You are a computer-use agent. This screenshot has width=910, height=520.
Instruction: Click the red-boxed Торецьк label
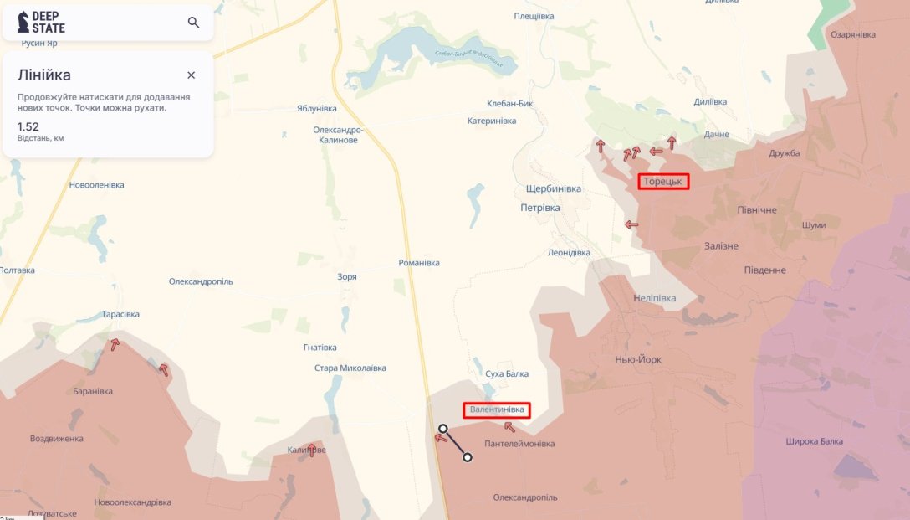(x=663, y=181)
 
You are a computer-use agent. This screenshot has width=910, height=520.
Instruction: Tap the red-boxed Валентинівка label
(x=497, y=409)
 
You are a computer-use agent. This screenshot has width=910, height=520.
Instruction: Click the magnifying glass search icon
(x=193, y=23)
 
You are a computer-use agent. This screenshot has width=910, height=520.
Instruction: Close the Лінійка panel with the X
(x=191, y=75)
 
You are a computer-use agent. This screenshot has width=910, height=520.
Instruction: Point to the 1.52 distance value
(x=28, y=126)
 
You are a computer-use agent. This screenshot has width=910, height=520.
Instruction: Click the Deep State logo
(x=41, y=23)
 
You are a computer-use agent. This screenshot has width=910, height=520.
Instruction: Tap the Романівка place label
(x=419, y=263)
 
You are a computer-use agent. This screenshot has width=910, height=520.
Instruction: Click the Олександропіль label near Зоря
(x=201, y=281)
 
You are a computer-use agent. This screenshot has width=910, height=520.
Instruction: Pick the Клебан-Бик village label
(x=510, y=104)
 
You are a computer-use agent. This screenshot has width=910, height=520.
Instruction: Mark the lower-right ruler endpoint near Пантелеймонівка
(x=468, y=457)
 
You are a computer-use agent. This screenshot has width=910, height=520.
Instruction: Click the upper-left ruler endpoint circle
(x=442, y=428)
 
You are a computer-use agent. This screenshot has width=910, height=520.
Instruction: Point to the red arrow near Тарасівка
(x=114, y=343)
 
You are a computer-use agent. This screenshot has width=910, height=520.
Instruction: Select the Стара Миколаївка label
(x=350, y=368)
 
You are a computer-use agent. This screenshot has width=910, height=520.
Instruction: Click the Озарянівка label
(x=852, y=34)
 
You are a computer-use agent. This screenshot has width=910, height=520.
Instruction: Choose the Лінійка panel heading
(x=44, y=75)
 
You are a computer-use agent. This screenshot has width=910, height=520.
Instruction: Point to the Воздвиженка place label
(x=56, y=438)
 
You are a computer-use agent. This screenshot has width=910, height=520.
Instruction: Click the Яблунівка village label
(x=316, y=109)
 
